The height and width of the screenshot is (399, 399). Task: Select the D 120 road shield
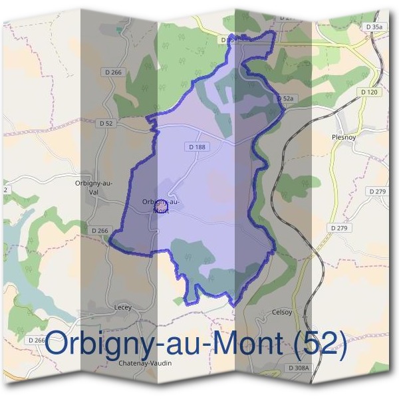pos(368,92)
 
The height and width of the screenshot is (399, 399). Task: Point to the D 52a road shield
pos(284,98)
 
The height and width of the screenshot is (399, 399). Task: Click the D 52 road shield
pos(106,123)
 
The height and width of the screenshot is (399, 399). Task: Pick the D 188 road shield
pos(197,146)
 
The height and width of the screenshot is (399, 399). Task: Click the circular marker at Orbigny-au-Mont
pos(160,206)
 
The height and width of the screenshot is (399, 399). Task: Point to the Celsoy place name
pos(282,311)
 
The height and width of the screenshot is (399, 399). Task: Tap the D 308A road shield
pos(299,367)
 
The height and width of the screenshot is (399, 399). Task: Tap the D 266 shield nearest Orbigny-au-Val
pos(98,230)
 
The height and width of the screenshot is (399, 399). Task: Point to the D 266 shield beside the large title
pos(37,340)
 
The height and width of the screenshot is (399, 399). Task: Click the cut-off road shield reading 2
pos(5,190)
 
